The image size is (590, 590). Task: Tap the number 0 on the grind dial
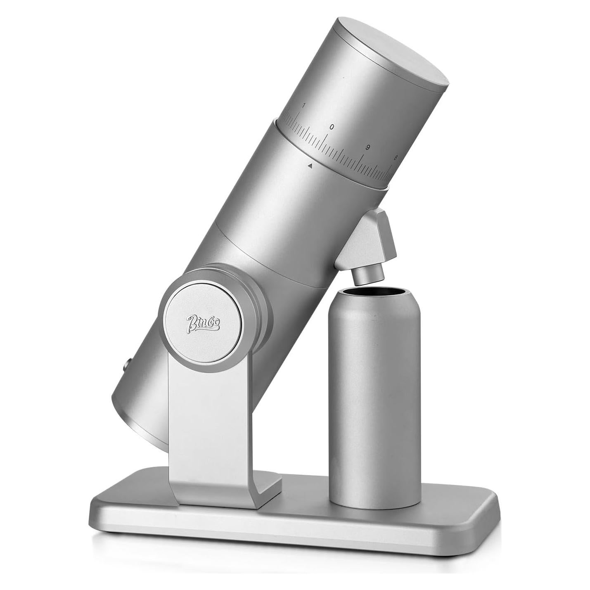pos(332,127)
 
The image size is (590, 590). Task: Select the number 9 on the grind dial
pos(367,147)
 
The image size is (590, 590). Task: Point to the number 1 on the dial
pos(303,106)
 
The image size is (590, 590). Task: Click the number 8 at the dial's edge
pos(395,157)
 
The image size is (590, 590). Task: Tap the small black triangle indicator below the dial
pos(309,166)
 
